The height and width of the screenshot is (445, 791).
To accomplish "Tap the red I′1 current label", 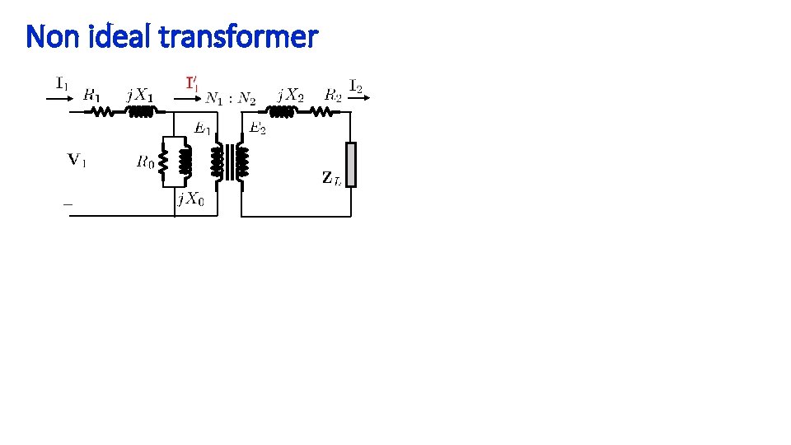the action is click(x=191, y=83).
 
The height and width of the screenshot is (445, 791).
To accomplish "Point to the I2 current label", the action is click(x=358, y=84).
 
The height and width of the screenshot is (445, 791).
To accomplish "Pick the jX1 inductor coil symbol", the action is click(x=139, y=114).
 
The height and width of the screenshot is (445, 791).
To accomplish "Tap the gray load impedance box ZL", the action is click(x=351, y=165).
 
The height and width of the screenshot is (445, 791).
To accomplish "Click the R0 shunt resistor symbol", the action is click(x=164, y=162).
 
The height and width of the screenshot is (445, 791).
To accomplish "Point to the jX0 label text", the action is click(x=190, y=199).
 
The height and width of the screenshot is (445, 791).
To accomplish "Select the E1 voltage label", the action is click(x=203, y=128).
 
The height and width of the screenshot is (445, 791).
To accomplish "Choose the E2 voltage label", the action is click(x=258, y=128).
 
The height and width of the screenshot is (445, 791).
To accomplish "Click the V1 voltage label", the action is click(x=77, y=160).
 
